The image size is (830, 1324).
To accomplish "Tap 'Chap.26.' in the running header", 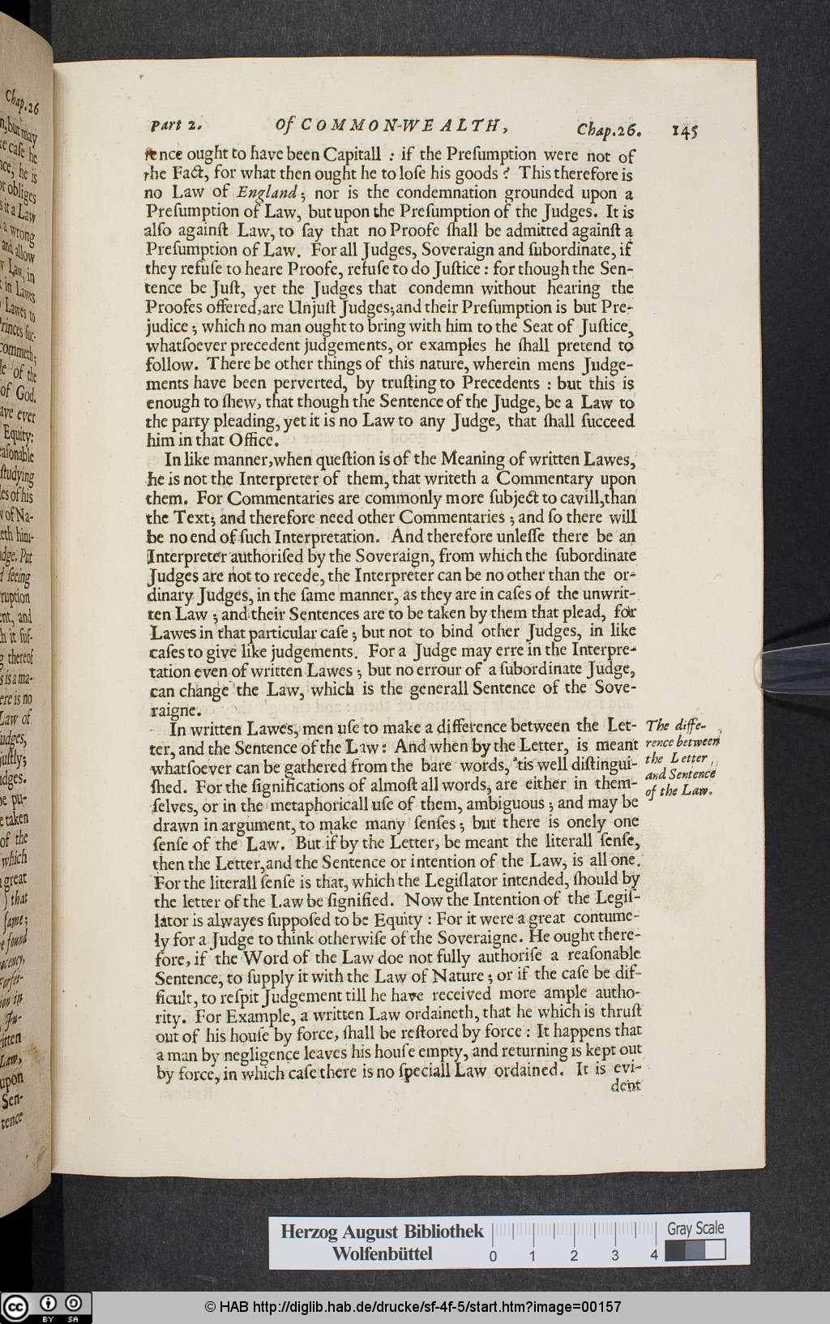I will (x=609, y=128).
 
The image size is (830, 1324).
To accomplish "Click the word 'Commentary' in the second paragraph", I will (x=545, y=478).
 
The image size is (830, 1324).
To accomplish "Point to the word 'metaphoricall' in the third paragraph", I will (x=321, y=804).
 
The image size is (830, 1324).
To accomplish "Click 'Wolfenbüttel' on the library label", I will (x=383, y=1254).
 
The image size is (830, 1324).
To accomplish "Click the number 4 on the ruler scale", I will (x=654, y=1256).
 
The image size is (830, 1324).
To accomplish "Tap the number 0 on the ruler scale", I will (x=493, y=1256).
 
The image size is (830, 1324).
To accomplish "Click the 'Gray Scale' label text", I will (x=695, y=1228).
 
